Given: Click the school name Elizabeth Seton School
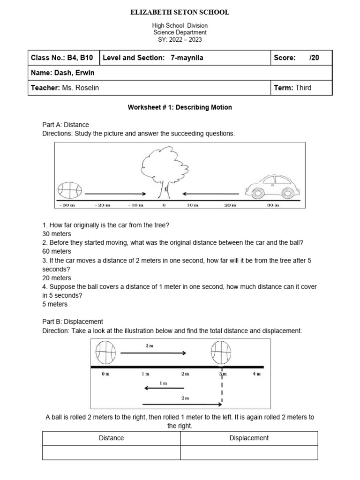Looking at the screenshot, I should [180, 13].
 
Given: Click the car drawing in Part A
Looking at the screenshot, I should [271, 186].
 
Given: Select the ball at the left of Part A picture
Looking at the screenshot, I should [69, 190].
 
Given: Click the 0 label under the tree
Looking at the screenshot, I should [164, 205].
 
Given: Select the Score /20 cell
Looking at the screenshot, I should [301, 58].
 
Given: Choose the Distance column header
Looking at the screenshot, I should [112, 438].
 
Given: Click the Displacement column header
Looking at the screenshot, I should [249, 438].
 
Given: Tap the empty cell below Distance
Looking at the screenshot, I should [112, 452].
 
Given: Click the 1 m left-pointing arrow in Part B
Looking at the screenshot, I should [164, 388].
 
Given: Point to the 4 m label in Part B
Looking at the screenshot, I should [256, 374].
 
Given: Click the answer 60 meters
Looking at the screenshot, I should [57, 251].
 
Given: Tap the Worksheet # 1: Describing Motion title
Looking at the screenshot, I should [180, 107].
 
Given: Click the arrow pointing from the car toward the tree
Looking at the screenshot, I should [211, 193].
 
